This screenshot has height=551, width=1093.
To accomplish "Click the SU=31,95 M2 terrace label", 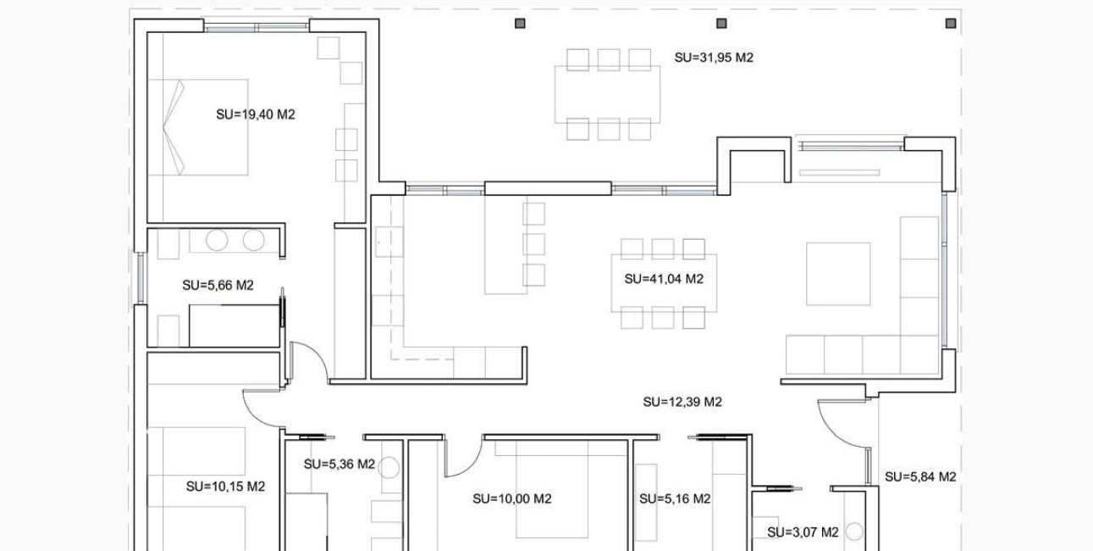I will (714, 58).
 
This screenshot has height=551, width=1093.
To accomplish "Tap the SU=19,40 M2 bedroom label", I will (255, 114).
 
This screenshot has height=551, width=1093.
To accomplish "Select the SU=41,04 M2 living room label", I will (664, 279).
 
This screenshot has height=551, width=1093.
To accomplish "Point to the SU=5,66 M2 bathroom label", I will (218, 286).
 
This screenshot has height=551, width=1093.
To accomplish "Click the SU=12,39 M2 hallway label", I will (682, 402).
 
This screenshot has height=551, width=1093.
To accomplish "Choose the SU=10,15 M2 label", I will (225, 487).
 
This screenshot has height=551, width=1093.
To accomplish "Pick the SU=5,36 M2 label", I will (339, 465).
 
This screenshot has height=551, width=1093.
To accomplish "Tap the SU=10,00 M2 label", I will (511, 499).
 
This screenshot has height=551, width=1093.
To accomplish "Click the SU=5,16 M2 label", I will (674, 499).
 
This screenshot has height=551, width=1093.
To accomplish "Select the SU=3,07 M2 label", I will (803, 532).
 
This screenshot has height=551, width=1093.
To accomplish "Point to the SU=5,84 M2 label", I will (920, 477).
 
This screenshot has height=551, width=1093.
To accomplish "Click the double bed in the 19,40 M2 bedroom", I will (199, 127).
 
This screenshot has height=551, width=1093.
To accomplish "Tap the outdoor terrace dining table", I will (608, 94).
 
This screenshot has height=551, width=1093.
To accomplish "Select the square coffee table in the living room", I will (838, 274).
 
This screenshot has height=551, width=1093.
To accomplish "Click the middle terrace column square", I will (721, 23).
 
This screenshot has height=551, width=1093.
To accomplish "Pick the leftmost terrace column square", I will (520, 23).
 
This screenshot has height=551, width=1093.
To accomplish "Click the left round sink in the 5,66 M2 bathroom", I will (218, 241).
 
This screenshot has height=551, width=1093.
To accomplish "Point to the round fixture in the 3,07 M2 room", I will (853, 532).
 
